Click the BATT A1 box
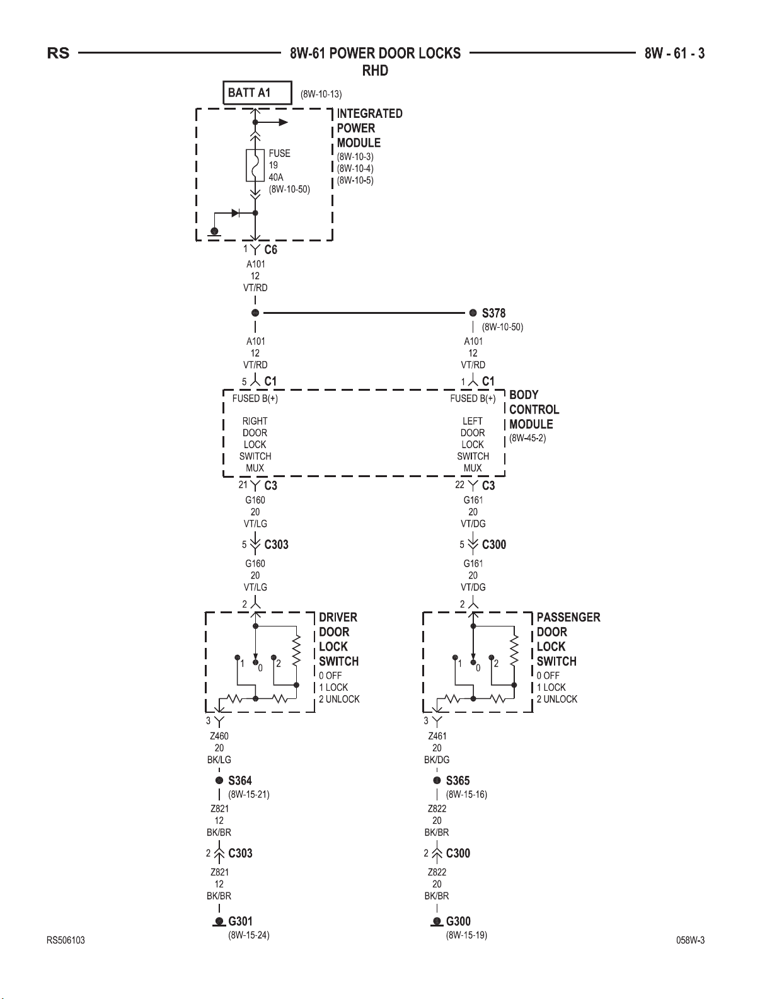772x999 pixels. point(257,93)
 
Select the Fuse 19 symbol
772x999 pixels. point(255,165)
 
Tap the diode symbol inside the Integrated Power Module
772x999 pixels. point(235,213)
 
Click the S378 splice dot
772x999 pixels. point(473,313)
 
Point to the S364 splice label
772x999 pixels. point(240,781)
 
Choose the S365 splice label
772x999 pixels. point(458,781)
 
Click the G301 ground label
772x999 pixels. point(240,921)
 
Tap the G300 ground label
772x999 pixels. point(458,921)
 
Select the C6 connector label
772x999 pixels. point(270,250)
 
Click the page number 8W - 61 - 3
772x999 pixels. point(674,54)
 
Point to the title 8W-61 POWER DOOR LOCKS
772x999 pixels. point(375,54)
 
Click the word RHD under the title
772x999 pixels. point(375,71)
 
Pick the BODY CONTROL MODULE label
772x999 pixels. point(534,410)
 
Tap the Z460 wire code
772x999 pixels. point(219,736)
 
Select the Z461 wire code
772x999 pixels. point(437,736)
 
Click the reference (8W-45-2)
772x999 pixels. point(527,438)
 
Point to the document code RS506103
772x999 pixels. point(66,940)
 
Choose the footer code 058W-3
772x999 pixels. point(690,940)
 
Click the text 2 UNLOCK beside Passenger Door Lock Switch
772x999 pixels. point(557,699)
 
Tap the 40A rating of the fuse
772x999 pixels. point(276,178)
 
